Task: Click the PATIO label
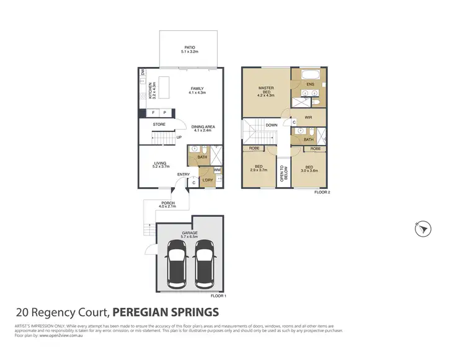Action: [x=189, y=46]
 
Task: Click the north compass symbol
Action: [x=423, y=229]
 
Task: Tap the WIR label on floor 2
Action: [x=308, y=116]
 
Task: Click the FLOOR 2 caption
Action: [x=322, y=193]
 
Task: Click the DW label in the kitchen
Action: [x=144, y=73]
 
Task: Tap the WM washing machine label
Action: [x=217, y=170]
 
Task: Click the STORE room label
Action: [x=159, y=125]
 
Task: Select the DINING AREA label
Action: [x=203, y=128]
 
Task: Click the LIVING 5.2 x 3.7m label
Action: [x=161, y=165]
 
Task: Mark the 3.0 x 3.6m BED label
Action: [x=308, y=169]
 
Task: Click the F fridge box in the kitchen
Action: [x=153, y=113]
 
